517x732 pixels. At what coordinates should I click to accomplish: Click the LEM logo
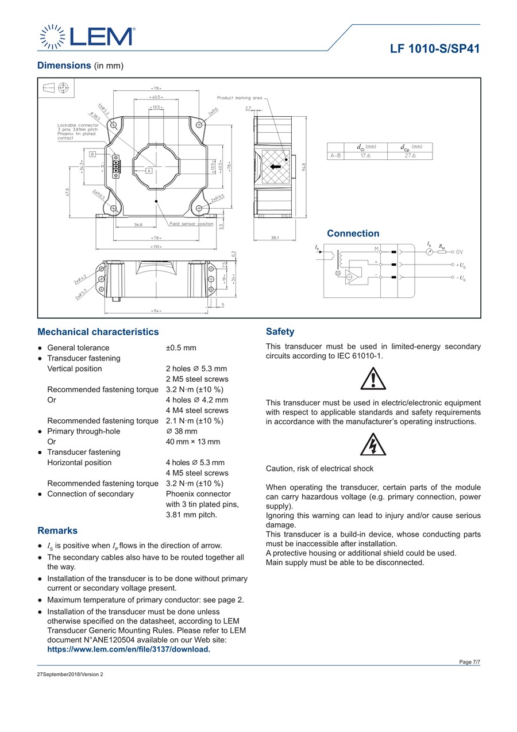coord(86,36)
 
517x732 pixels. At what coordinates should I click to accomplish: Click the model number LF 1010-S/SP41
coord(435,49)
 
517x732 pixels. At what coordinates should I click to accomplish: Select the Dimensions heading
coord(64,66)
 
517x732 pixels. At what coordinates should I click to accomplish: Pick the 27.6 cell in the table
coord(410,155)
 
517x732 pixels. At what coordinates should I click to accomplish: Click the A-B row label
coord(335,155)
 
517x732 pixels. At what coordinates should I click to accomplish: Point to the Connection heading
coord(353,233)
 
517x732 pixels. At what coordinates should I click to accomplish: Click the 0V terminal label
coord(460,252)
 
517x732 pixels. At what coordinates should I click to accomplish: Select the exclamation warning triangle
coord(373,380)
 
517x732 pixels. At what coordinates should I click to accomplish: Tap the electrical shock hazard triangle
coord(373,444)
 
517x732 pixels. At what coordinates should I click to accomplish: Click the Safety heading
coord(280,332)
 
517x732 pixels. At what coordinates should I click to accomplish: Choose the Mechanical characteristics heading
coord(98,332)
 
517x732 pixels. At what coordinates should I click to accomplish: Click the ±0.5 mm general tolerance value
coord(181,348)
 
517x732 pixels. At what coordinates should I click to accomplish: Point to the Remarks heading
coord(57,530)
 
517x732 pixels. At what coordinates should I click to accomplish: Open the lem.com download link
coord(129,649)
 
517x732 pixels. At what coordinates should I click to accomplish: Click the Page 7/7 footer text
coord(469,662)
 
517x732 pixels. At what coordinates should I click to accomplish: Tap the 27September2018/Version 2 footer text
coord(70,674)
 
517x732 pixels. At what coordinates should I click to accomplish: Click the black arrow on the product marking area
coord(276,167)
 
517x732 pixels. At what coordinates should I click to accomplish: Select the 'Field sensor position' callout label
coord(191,224)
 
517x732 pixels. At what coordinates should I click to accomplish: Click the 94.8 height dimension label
coord(303,166)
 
